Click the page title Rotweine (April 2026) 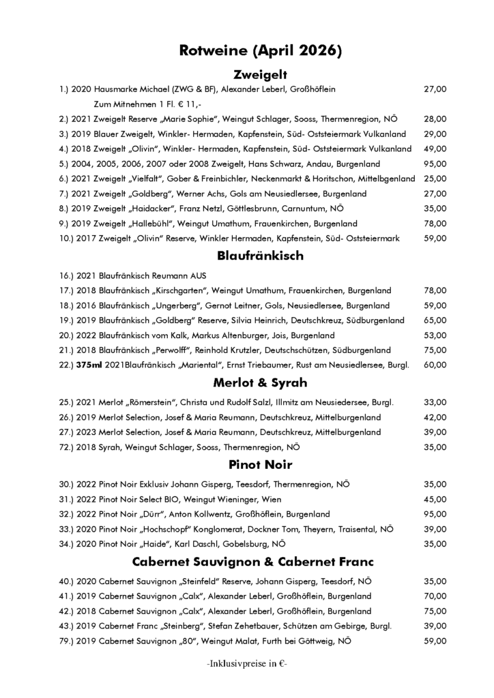pos(260,50)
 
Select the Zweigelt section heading pos(260,74)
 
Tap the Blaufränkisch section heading pos(260,256)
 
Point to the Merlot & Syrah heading pos(260,382)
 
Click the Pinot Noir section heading pos(260,465)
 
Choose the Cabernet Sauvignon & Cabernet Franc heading pos(260,562)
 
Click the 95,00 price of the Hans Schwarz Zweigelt pos(435,164)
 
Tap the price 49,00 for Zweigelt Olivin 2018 pos(435,149)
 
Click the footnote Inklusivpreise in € pos(247,663)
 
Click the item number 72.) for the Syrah pos(68,447)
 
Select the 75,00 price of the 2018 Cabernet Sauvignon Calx pos(435,611)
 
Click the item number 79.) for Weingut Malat pos(68,641)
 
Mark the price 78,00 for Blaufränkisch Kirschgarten pos(435,290)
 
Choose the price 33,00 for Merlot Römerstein pos(435,402)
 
